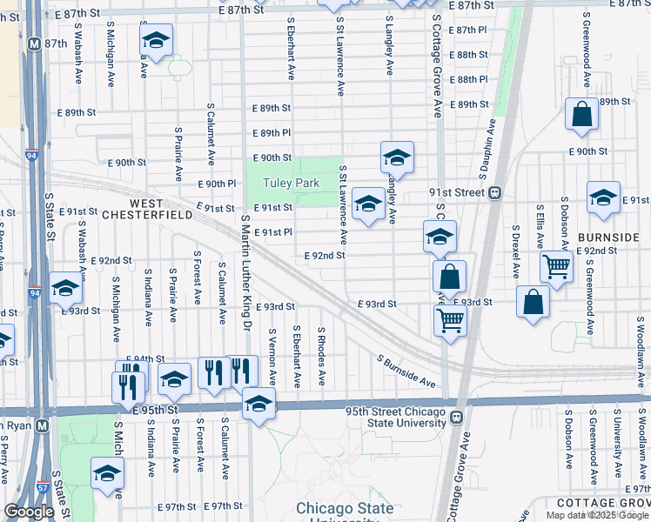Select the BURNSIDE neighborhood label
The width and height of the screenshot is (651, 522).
pos(607,237)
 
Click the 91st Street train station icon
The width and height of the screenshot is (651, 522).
pos(494,192)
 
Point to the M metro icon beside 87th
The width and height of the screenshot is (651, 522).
pos(34,43)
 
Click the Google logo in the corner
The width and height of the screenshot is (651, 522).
pos(29,512)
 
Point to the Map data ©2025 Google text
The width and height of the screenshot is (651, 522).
pos(597,515)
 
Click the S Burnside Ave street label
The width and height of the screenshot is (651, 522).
pos(406,371)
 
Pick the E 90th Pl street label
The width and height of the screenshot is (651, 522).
pos(218,184)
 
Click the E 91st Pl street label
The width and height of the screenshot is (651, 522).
pos(272,232)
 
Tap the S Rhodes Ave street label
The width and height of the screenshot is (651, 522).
pos(322,357)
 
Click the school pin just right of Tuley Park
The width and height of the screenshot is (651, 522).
pos(368,204)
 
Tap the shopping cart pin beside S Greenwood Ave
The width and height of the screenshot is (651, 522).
pos(556,266)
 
